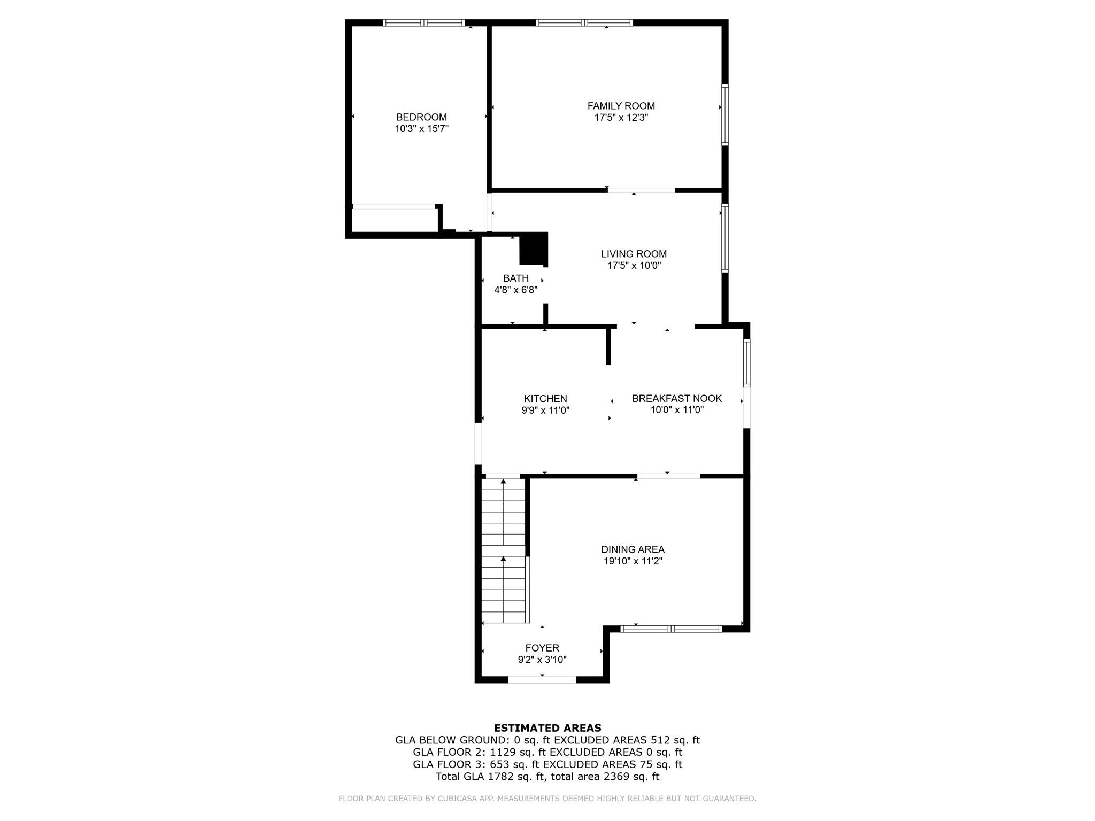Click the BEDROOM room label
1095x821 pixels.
tap(421, 117)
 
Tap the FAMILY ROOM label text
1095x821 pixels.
tap(621, 106)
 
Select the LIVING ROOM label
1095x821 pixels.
tap(634, 254)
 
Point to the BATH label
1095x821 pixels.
tap(515, 278)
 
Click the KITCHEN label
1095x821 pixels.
tap(545, 399)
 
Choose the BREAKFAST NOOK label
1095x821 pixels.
tap(676, 398)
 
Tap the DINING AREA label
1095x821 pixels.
tap(633, 549)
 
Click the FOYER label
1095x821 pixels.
tap(542, 648)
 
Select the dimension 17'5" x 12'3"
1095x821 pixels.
tap(621, 118)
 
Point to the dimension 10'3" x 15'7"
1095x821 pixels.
tap(421, 129)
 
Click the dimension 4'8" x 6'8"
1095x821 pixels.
tap(515, 290)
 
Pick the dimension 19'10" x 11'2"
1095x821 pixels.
tap(633, 561)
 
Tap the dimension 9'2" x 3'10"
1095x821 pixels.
tap(542, 660)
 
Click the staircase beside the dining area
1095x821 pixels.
tap(503, 551)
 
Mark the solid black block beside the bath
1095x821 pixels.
tap(534, 249)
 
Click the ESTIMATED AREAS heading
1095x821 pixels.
tap(547, 728)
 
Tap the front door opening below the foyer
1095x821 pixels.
tap(542, 680)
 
